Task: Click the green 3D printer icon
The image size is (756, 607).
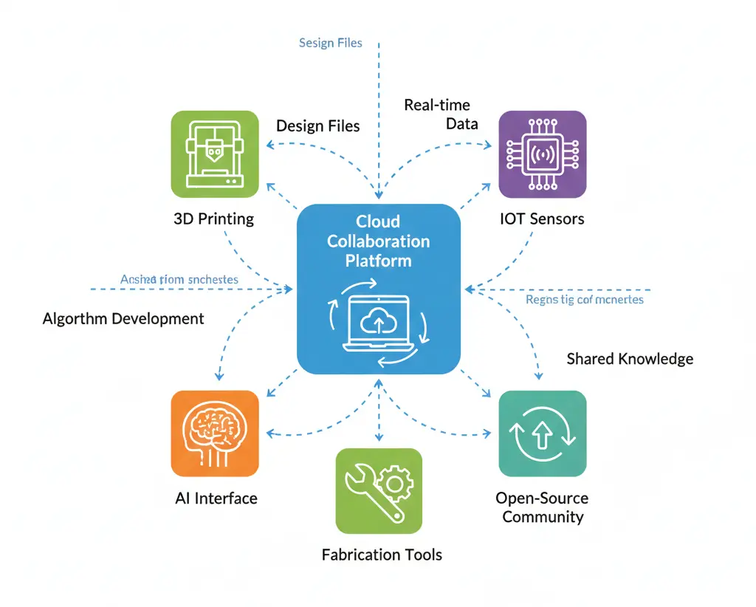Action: click(x=215, y=154)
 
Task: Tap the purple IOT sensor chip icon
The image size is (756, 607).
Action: click(x=543, y=154)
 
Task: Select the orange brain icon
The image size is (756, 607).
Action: click(x=215, y=433)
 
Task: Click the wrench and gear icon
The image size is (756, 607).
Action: click(x=379, y=491)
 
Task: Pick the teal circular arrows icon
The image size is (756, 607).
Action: click(x=543, y=433)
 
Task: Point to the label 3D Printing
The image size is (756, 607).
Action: click(x=215, y=219)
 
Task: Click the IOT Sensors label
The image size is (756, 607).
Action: click(x=543, y=219)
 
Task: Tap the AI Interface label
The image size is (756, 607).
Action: click(x=216, y=498)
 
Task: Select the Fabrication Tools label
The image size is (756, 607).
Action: click(x=382, y=555)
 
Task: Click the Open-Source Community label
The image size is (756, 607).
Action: click(x=543, y=507)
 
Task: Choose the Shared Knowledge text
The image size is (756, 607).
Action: click(x=630, y=359)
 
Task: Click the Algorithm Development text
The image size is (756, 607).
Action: click(x=123, y=319)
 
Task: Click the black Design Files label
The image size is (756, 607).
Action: click(x=318, y=126)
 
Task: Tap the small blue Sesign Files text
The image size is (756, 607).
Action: click(x=331, y=43)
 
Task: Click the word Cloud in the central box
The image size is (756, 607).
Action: click(x=378, y=222)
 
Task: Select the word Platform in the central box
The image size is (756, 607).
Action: click(x=378, y=261)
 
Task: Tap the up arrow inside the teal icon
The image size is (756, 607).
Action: click(x=543, y=436)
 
